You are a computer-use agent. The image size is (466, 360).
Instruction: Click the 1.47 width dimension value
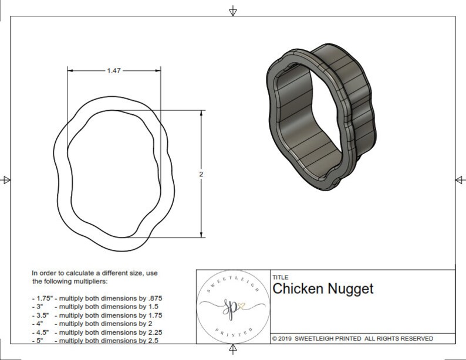coord(115,70)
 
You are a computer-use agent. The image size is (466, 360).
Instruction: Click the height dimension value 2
coord(201,174)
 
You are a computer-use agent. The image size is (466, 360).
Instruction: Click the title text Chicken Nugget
coord(323,288)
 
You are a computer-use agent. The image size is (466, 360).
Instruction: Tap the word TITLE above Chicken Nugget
coord(279,277)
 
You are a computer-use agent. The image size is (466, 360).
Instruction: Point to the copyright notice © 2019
coord(288,338)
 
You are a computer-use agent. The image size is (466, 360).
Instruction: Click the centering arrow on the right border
coord(458,179)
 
